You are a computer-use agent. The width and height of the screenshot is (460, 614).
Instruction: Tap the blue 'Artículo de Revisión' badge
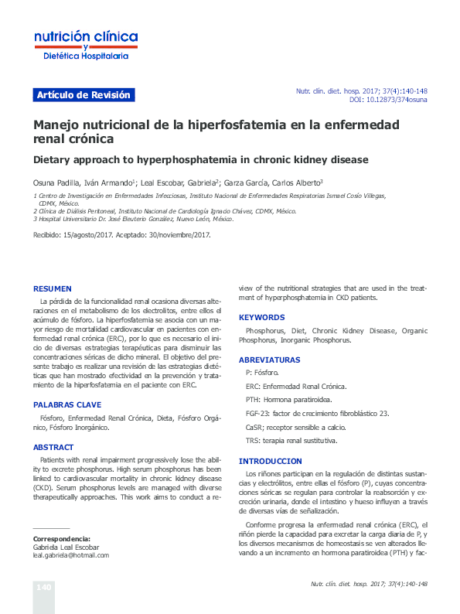pos(84,95)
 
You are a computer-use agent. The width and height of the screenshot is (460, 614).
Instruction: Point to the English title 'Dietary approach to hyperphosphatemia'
pos(200,160)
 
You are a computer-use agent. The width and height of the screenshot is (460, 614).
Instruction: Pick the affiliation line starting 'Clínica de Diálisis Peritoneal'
pos(165,210)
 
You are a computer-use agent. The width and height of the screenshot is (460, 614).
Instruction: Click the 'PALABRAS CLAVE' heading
pos(67,404)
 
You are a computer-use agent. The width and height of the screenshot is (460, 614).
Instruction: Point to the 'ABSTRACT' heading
pos(53,447)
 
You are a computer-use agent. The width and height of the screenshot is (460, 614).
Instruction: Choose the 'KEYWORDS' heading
pos(261,318)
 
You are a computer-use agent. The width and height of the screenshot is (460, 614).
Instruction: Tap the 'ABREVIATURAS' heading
pos(269,360)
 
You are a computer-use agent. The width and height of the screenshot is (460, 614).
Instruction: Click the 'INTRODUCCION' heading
pos(270,461)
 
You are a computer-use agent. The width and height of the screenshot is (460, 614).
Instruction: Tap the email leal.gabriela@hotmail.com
pos(70,555)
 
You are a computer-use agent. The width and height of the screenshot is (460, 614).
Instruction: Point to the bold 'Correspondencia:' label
pos(61,538)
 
